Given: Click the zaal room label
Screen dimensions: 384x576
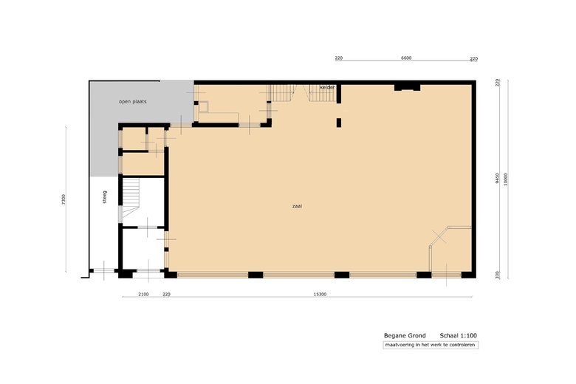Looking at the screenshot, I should [297, 206].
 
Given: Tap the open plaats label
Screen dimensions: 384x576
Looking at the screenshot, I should [133, 101].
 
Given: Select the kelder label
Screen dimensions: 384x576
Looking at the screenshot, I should [327, 87].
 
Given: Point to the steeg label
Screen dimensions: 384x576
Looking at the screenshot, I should [105, 196].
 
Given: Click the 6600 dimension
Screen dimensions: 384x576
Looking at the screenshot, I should [405, 58].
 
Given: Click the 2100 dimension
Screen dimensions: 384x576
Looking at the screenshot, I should [143, 295].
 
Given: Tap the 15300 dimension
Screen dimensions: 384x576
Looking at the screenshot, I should [320, 295].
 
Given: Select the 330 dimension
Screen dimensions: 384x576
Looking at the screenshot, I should [498, 275].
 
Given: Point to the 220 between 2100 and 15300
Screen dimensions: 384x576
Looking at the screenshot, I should [166, 295].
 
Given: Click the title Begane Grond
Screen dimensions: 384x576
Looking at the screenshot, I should [405, 335].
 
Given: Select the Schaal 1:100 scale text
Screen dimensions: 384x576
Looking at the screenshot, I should [458, 335].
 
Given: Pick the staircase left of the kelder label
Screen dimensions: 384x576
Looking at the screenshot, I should [281, 94].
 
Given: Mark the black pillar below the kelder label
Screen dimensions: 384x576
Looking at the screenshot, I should [339, 122].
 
